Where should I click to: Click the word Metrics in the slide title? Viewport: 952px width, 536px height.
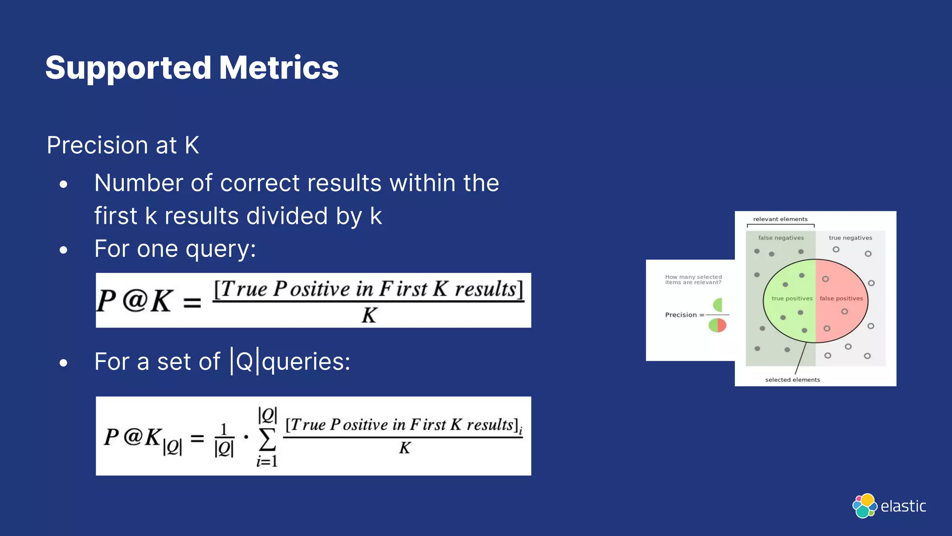[278, 68]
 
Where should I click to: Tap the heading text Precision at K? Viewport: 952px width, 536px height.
[123, 145]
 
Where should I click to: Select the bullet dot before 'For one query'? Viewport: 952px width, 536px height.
[64, 250]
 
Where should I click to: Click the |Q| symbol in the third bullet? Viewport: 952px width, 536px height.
[245, 361]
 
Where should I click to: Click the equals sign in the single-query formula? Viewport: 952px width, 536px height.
[192, 303]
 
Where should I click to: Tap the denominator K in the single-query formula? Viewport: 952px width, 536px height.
[369, 315]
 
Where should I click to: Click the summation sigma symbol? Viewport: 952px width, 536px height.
[267, 439]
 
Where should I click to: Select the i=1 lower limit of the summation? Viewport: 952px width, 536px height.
[267, 461]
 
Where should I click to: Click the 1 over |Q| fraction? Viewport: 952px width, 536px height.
[224, 439]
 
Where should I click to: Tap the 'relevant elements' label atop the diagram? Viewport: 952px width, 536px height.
[780, 219]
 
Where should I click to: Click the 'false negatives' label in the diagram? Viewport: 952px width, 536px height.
[781, 238]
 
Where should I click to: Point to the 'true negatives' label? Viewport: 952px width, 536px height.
[850, 238]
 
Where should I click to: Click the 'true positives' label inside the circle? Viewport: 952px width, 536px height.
[792, 299]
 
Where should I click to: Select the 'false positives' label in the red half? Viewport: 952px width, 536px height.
[841, 299]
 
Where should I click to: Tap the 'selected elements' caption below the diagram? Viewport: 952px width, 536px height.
[792, 380]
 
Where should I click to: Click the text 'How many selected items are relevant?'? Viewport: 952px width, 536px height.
[693, 280]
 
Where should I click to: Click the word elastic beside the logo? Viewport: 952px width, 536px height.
[903, 506]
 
